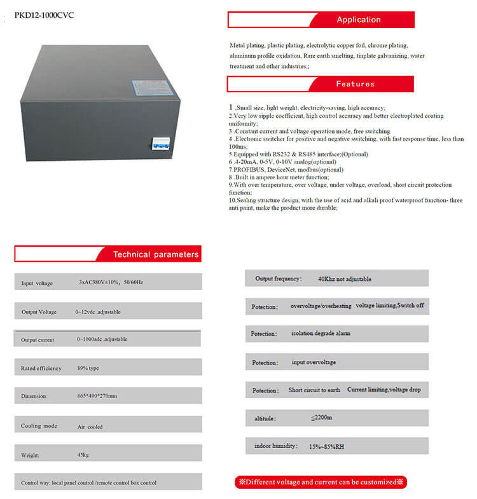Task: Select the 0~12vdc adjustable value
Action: coord(98,312)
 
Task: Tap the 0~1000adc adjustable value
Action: coord(102,339)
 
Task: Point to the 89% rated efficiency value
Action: coord(88,368)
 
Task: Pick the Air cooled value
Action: coord(90,427)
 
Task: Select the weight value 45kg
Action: coord(83,455)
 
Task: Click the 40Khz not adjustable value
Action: coord(344,279)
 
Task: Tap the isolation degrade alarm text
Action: coord(321,333)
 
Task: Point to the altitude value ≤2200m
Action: coord(322,418)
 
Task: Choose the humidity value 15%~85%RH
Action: coord(326,447)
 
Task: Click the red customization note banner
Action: coord(320,482)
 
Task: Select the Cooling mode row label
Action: coord(39,426)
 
